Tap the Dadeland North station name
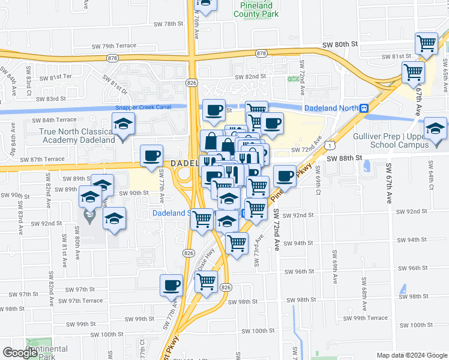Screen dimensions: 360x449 [331, 108]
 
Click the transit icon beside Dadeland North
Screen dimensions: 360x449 [364, 108]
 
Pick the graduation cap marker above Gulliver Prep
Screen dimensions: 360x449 [435, 127]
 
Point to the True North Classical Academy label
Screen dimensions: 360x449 [76, 136]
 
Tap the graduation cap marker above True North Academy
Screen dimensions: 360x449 [123, 125]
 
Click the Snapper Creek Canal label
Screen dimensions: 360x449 [143, 107]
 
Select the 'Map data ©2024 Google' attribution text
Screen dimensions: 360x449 [412, 355]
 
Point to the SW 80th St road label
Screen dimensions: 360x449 [339, 44]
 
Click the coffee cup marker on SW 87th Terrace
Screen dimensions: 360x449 [151, 156]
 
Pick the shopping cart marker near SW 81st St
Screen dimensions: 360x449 [426, 43]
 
